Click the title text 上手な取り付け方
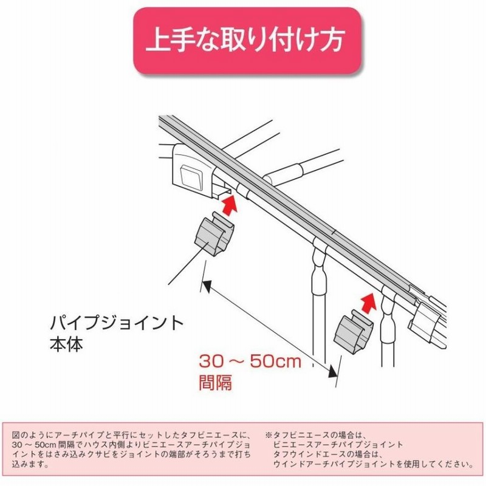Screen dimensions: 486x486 point(245,41)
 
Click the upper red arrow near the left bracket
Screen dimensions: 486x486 point(229,204)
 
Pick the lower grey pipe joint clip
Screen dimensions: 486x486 point(354,332)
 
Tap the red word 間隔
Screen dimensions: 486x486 point(216,383)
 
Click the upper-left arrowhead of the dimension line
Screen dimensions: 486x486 point(207,283)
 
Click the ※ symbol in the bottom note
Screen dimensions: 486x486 point(267,435)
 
